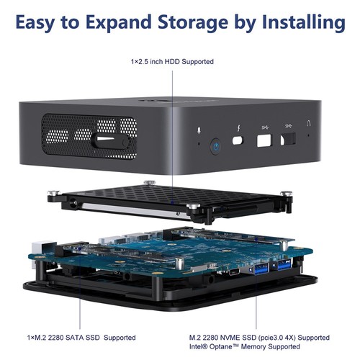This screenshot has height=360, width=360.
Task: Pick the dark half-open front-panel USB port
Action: click(289, 135)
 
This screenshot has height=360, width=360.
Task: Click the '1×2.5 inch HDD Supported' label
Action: click(172, 62)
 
